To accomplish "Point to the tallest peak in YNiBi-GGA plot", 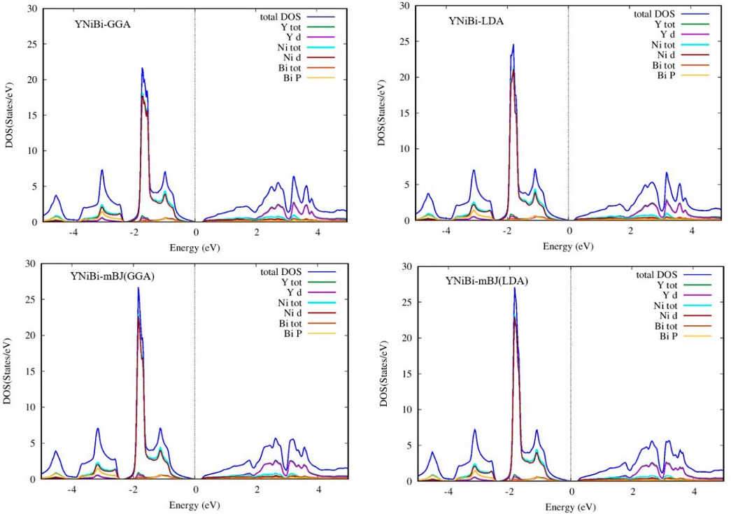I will point(142,69).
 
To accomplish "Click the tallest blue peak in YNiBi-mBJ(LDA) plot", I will point(515,288).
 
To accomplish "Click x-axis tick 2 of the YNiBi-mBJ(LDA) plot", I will point(632,491).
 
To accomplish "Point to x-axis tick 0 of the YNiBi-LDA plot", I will point(569,230).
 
